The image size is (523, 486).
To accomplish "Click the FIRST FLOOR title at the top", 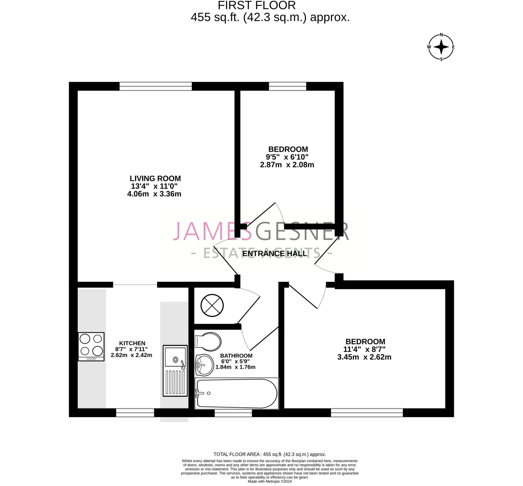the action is point(257,5).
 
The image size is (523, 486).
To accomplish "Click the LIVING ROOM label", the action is point(155,178).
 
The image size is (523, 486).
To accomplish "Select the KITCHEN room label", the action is point(132,343).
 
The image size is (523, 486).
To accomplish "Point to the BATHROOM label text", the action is point(236,356).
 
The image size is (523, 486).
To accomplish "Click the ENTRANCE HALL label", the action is point(275,254).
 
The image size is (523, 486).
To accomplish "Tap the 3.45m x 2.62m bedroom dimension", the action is point(364,357).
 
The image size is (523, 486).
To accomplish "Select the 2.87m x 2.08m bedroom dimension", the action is point(287,165).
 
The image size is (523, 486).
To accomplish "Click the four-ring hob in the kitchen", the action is point(91,347).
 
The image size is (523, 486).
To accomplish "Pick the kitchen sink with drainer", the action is point(175,371).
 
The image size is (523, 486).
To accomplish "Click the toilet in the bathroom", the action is point(208,342).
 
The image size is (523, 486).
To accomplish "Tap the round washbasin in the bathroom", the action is point(204,365).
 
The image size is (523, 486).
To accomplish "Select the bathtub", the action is point(236,394).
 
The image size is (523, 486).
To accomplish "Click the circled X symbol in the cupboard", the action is point(212,305).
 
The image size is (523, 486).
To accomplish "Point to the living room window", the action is point(156,86).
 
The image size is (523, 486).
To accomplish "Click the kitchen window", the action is point(135,413).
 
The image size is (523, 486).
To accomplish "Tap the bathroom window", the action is point(233,413).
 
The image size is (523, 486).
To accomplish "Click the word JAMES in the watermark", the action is point(212,231).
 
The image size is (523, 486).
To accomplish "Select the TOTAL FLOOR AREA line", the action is point(269,454).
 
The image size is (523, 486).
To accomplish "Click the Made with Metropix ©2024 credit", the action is point(269,482).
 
